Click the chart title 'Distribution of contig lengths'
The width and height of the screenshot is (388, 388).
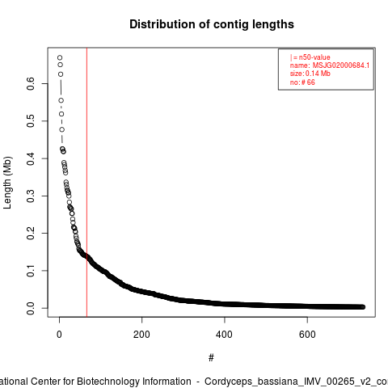[212, 24]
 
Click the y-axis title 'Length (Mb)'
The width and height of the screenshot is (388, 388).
[7, 183]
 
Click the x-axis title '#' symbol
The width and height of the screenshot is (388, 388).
[211, 358]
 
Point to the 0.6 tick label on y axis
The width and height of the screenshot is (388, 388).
[31, 83]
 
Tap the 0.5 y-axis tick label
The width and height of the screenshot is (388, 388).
[31, 121]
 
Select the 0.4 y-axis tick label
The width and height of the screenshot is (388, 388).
[31, 158]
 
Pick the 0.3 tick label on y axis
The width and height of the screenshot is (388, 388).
[31, 196]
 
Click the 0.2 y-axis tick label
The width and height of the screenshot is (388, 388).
[31, 233]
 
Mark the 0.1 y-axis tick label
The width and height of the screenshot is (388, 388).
[31, 271]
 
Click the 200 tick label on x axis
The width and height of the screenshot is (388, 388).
[141, 335]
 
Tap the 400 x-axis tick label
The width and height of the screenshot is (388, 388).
[225, 335]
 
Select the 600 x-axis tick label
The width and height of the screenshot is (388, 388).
[307, 335]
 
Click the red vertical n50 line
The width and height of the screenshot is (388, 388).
[86, 182]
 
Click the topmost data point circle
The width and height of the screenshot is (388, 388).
[60, 57]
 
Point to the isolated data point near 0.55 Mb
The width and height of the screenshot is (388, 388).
[61, 100]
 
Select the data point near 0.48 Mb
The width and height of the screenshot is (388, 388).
[62, 129]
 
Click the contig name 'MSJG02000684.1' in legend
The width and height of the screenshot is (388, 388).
[341, 65]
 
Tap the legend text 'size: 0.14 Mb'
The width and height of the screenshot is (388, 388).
[310, 74]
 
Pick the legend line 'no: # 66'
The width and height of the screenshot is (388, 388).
[302, 82]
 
